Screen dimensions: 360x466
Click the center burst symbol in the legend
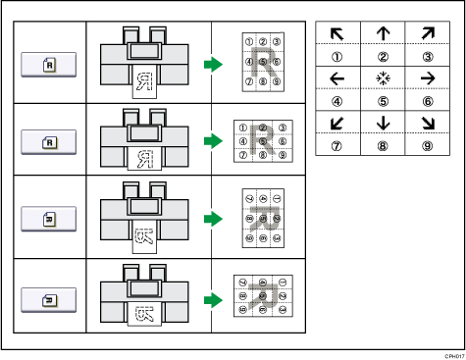pos(384,79)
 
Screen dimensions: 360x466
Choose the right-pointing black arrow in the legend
pos(428,79)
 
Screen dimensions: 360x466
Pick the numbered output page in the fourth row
pos(258,290)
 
